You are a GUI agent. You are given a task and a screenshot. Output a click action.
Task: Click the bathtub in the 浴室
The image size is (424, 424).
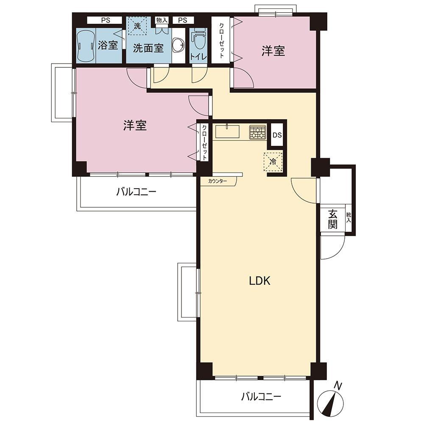pos(86,46)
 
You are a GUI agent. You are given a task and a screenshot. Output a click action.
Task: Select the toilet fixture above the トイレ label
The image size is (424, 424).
pos(198,39)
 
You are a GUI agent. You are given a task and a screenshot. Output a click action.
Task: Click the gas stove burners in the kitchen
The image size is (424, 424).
pos(257,132)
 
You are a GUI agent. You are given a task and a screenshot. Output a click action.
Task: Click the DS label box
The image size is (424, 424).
pos(277,135)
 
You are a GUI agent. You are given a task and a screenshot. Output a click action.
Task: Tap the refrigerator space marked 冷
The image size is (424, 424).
pos(273,162)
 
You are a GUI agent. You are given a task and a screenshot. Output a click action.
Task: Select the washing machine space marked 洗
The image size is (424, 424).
pos(137,26)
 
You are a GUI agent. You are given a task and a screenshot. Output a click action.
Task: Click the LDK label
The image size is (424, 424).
pos(259,281)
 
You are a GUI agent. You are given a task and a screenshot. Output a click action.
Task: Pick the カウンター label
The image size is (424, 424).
pos(218,181)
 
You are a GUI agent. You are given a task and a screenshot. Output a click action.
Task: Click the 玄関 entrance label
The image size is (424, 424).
pos(333,219)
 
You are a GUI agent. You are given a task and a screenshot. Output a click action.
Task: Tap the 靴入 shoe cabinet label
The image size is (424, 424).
pos(349,218)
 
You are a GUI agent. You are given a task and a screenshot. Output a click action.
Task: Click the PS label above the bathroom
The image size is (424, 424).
pos(106,20)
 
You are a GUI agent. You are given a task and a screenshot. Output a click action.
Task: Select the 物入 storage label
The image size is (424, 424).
pos(162,20)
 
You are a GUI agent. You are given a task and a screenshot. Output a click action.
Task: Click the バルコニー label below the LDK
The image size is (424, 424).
pos(261,397)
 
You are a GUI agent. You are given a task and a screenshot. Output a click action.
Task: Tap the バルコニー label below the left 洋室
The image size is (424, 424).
pos(136,192)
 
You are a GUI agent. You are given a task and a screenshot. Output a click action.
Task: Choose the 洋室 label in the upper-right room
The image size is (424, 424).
pos(273,51)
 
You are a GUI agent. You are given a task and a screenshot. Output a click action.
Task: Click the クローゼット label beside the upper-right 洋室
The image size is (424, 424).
pos(221,40)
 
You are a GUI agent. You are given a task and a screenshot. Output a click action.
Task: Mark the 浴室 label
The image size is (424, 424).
pos(108,45)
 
